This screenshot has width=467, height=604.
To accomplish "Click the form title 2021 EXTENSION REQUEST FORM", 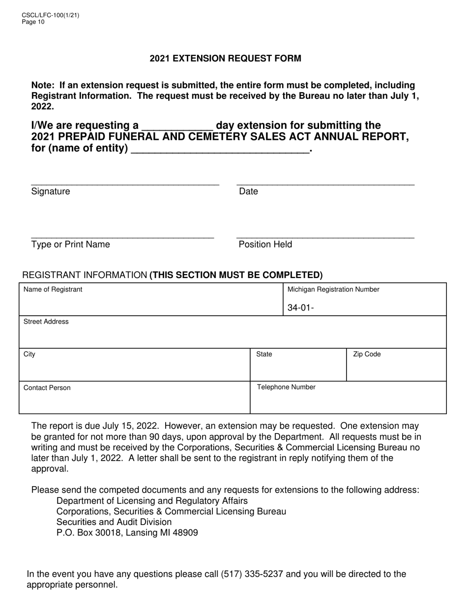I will tap(225, 58).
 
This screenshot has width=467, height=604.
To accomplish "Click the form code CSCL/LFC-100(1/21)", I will tap(50, 15).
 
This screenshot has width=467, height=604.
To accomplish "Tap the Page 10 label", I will tap(33, 22).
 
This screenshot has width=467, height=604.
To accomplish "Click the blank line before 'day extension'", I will tap(177, 127).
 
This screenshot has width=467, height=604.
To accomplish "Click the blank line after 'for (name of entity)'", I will tap(220, 149).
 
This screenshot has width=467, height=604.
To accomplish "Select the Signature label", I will tap(51, 192).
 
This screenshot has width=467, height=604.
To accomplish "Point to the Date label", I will tap(248, 192).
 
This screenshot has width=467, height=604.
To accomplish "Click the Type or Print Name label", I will tap(70, 245).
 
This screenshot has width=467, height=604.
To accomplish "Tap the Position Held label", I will tap(265, 245).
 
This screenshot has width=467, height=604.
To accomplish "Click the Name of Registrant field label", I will tap(53, 290).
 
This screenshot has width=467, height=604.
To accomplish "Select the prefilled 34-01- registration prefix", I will tap(301, 308).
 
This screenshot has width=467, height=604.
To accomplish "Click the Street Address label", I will tap(46, 322).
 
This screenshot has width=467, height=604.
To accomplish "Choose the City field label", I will tap(29, 355).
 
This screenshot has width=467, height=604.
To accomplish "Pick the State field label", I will tap(264, 355).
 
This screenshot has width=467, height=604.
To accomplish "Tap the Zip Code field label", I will tap(367, 355).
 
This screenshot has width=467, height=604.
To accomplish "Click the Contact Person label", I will tap(47, 388).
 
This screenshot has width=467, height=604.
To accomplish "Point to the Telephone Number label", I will tap(286, 387).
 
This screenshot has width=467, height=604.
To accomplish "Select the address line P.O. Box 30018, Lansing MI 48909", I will tap(127, 532).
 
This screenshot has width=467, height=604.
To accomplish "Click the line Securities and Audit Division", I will tap(114, 522).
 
